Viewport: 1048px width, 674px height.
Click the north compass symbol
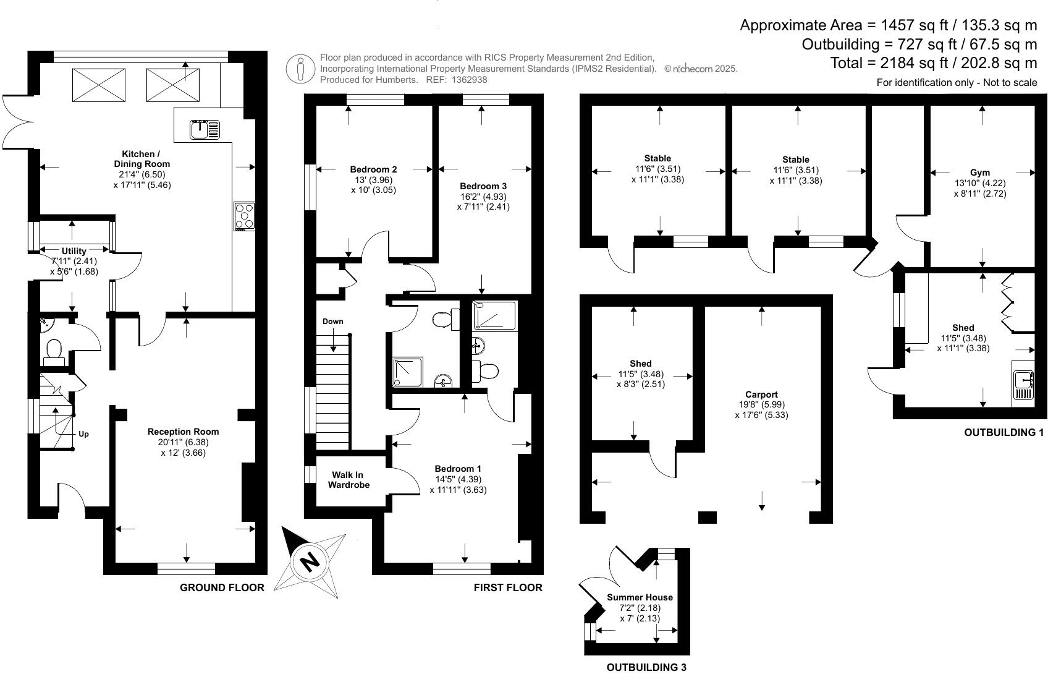(x=310, y=562)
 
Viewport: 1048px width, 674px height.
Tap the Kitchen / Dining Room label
(x=142, y=159)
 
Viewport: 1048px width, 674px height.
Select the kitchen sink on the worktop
(x=205, y=129)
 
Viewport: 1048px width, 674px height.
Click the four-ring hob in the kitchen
(x=244, y=216)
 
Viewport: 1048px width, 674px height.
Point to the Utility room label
(x=74, y=251)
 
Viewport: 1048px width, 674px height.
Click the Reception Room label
(x=183, y=432)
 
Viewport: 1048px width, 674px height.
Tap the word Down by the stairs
(x=332, y=322)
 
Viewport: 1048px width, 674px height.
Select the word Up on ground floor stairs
(x=83, y=434)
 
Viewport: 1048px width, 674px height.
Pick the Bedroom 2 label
(x=373, y=169)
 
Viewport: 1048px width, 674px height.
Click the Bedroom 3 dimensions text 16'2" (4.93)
(x=483, y=197)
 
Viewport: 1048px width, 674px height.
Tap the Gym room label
(x=979, y=173)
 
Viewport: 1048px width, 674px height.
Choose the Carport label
(x=761, y=395)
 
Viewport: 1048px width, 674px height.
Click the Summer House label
(x=640, y=597)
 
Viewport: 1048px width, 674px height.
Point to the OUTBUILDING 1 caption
(x=1004, y=433)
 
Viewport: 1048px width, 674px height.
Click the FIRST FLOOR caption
(x=507, y=587)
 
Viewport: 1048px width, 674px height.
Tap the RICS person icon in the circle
(x=301, y=69)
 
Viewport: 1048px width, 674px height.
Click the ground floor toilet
(x=53, y=351)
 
